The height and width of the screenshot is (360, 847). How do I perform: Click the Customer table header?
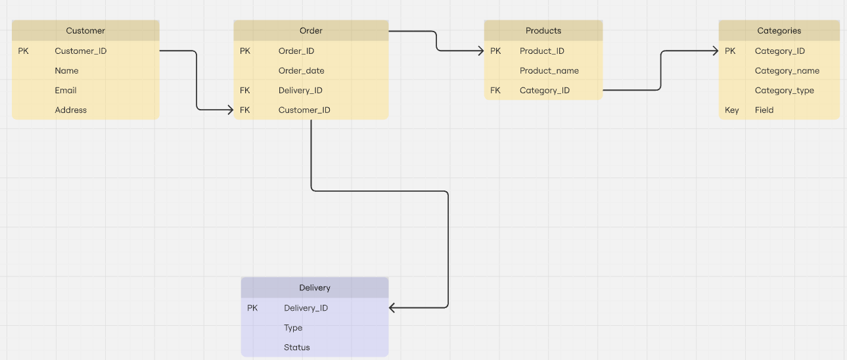[x=85, y=31]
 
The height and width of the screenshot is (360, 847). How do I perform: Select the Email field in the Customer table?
[x=66, y=91]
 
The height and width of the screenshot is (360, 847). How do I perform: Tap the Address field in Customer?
[x=70, y=110]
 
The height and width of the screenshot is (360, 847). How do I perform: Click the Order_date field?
[x=301, y=71]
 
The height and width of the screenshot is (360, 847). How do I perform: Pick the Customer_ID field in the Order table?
[x=304, y=110]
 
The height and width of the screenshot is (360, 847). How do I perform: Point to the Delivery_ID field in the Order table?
[x=300, y=91]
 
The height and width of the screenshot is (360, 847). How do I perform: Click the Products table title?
[x=543, y=31]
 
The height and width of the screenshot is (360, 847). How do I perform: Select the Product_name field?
[x=549, y=71]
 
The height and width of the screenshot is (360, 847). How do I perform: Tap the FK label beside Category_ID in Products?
[x=495, y=91]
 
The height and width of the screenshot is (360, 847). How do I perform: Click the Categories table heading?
[x=779, y=31]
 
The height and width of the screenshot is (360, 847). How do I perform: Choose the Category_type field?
[x=784, y=91]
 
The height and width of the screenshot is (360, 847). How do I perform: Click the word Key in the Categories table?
[x=731, y=110]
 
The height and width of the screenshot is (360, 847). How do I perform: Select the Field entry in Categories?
[x=764, y=110]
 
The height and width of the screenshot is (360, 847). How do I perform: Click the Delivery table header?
[x=315, y=288]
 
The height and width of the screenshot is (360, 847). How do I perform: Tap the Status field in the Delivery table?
[x=296, y=348]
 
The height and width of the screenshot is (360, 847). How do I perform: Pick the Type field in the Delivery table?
[x=293, y=328]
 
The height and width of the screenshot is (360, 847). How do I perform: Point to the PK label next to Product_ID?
[x=495, y=51]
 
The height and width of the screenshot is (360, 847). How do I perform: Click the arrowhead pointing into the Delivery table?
[x=393, y=307]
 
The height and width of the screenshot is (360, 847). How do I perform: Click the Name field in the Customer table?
[x=66, y=71]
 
